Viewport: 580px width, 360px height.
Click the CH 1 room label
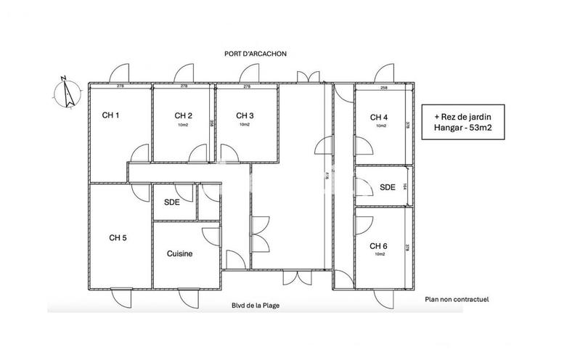click(x=110, y=115)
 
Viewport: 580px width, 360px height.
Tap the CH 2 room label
click(x=183, y=115)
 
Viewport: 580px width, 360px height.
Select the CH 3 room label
click(x=245, y=115)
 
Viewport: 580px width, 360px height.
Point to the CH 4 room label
click(x=379, y=118)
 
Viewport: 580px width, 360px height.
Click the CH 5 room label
click(x=118, y=237)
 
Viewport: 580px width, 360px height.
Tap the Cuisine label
click(x=179, y=253)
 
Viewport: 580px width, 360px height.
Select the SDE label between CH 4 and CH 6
click(x=388, y=187)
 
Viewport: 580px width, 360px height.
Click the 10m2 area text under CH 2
click(x=183, y=125)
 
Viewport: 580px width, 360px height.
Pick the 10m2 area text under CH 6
click(x=380, y=255)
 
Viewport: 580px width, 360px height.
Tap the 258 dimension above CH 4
click(x=383, y=87)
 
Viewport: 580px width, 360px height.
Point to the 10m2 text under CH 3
click(x=245, y=125)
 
